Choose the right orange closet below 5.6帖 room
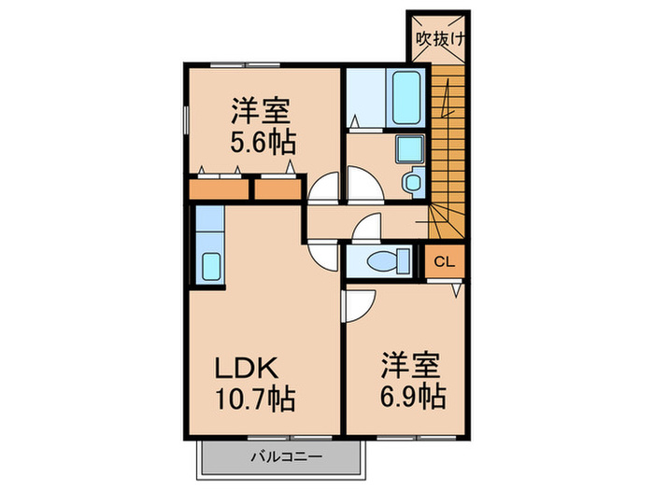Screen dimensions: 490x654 (277, 189)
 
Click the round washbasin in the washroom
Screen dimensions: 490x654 (410, 180)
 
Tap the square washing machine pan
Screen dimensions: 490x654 (408, 148)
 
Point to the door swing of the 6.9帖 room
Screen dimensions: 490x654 (356, 302)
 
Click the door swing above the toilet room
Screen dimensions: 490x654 (367, 228)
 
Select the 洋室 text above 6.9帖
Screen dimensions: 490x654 (410, 361)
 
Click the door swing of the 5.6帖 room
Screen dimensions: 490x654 (323, 189)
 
